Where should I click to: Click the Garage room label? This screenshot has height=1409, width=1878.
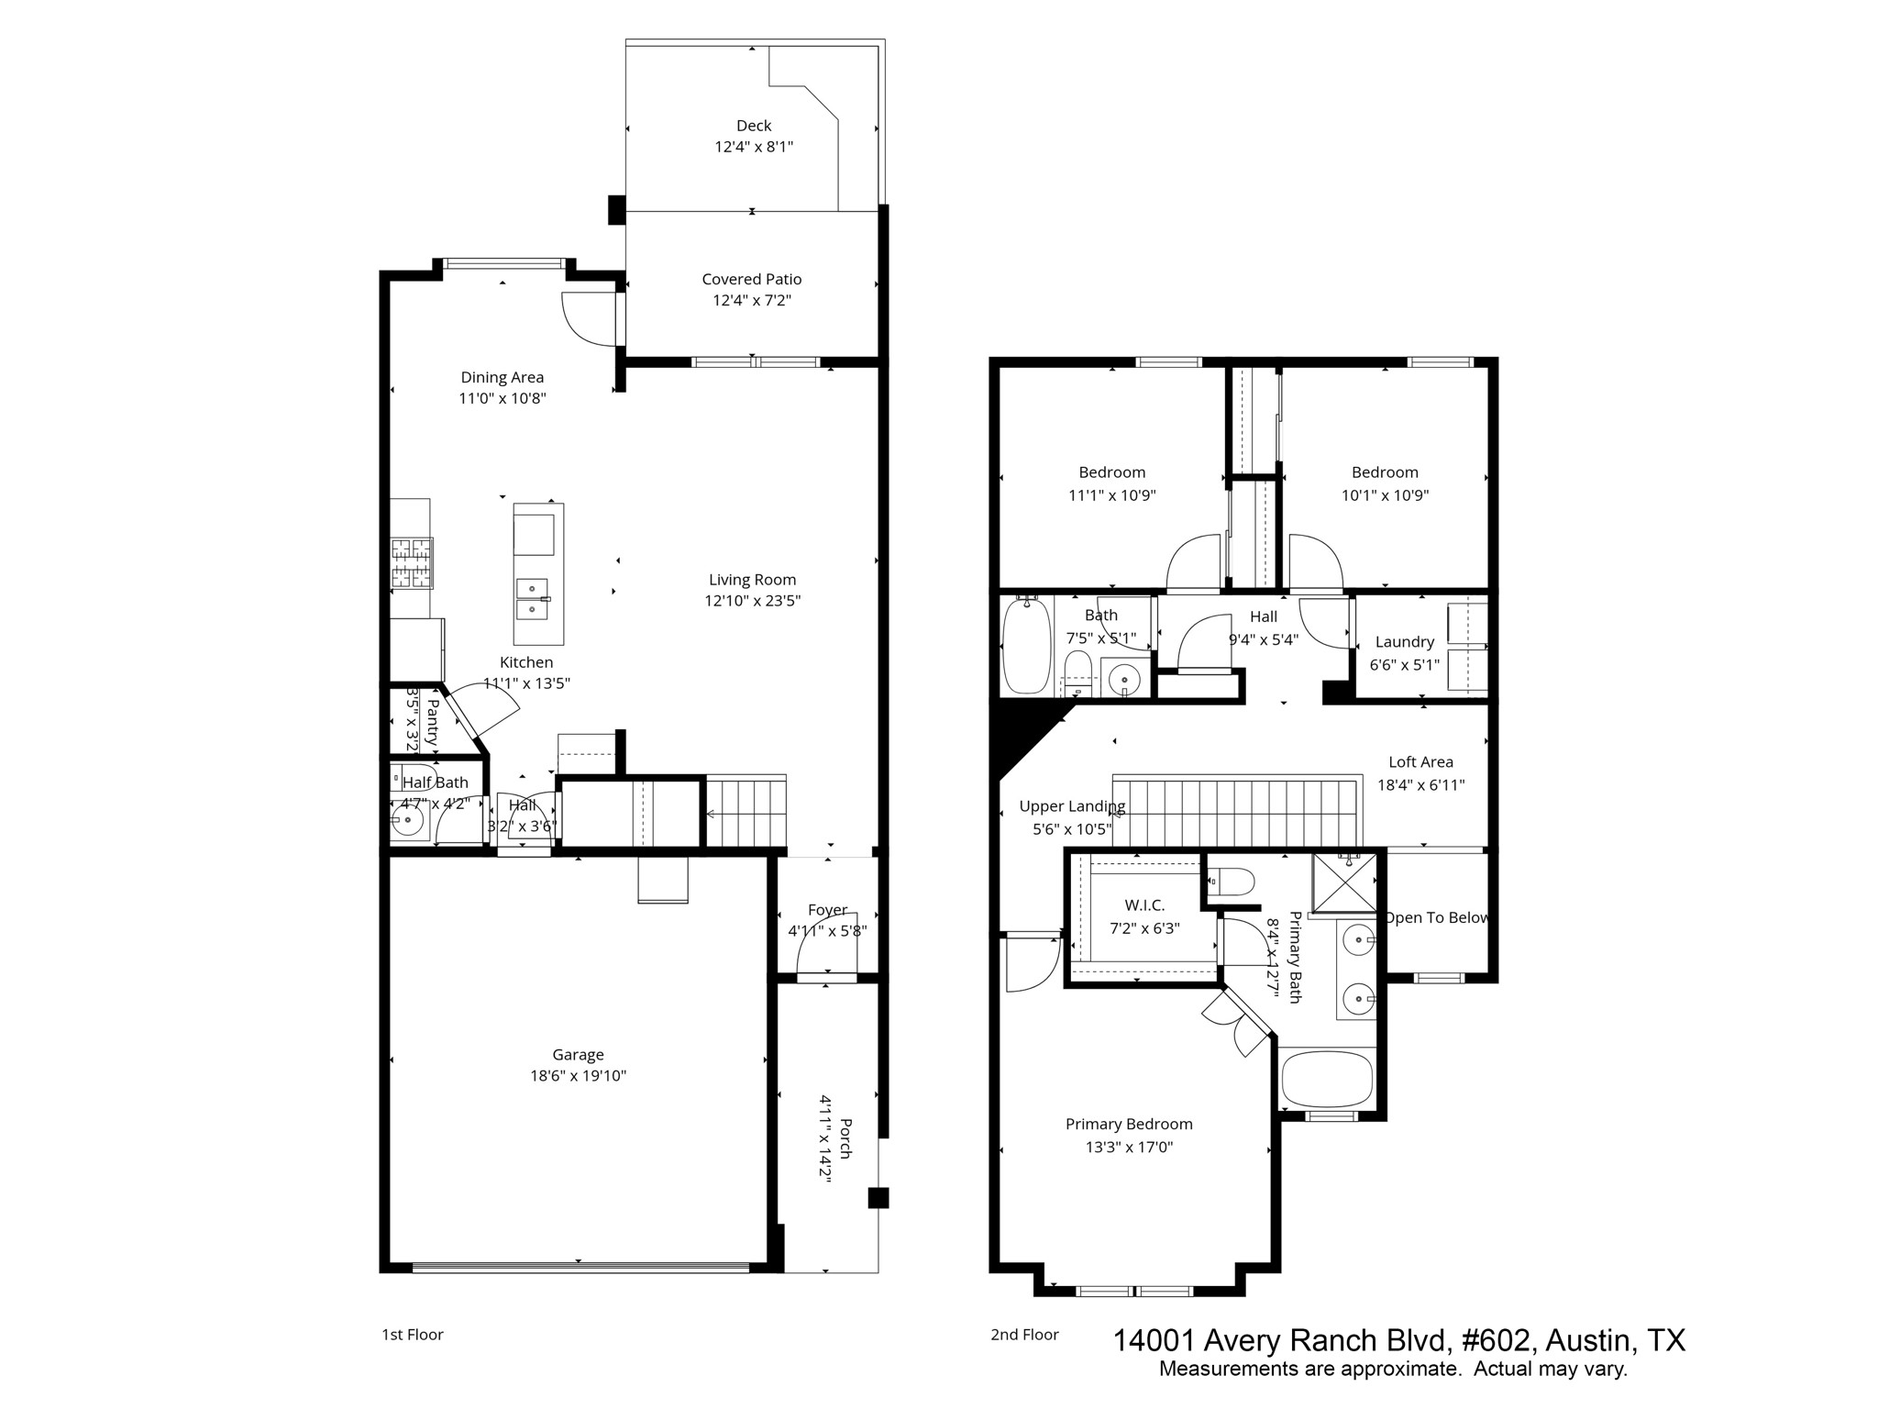pyautogui.click(x=578, y=1055)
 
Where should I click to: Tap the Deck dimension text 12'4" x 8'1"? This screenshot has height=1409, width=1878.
pyautogui.click(x=754, y=147)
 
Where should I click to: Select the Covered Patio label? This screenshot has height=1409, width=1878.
pyautogui.click(x=751, y=279)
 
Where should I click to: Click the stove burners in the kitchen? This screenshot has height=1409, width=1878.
pyautogui.click(x=411, y=562)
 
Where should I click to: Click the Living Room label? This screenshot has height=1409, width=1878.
pyautogui.click(x=752, y=580)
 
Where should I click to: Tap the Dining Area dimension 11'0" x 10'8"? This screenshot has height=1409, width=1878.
pyautogui.click(x=503, y=399)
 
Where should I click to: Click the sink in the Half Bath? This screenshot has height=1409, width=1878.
pyautogui.click(x=406, y=823)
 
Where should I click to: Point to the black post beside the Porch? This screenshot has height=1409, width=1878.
pyautogui.click(x=878, y=1198)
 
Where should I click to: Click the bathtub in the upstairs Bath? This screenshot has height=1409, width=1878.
pyautogui.click(x=1024, y=647)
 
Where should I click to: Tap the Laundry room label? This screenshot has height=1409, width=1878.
pyautogui.click(x=1404, y=642)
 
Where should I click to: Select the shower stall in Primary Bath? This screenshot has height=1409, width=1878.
pyautogui.click(x=1343, y=883)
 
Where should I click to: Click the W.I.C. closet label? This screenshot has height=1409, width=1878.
pyautogui.click(x=1144, y=905)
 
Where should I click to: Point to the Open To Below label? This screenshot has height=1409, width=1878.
pyautogui.click(x=1436, y=918)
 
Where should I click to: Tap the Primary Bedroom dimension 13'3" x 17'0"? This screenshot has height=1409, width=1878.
pyautogui.click(x=1129, y=1148)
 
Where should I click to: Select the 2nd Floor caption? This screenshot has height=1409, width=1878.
pyautogui.click(x=1024, y=1335)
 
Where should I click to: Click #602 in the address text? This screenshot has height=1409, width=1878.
pyautogui.click(x=1496, y=1341)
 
